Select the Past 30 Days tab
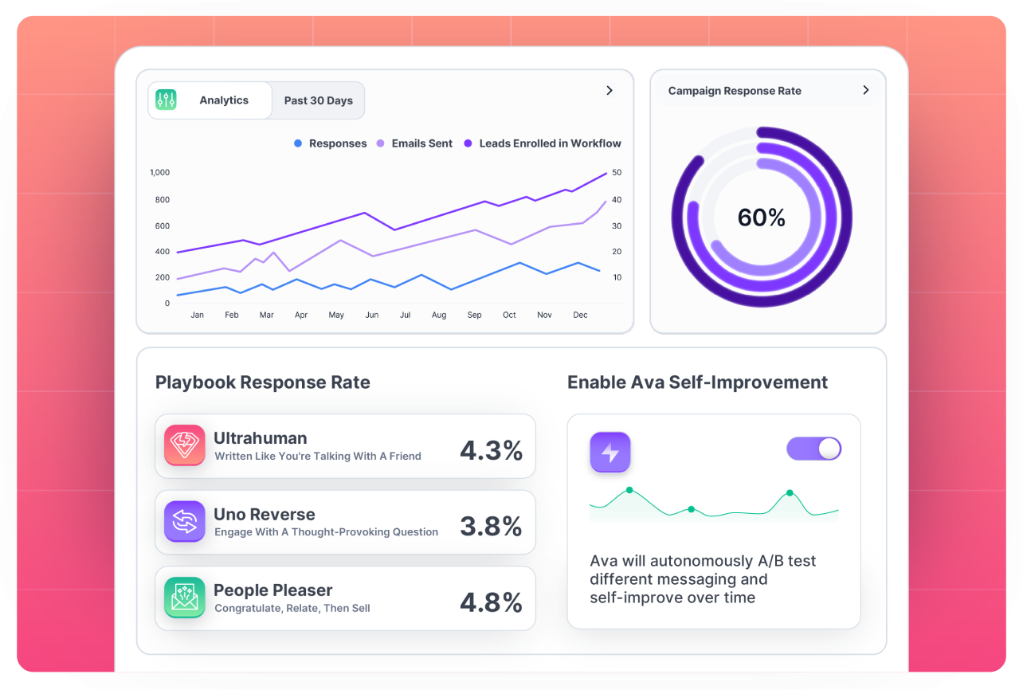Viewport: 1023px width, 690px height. (318, 100)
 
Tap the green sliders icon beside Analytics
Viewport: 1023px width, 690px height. (166, 100)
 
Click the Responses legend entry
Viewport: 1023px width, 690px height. (331, 143)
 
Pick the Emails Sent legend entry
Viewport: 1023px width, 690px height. (414, 143)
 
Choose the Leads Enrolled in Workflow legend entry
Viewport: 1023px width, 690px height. (543, 143)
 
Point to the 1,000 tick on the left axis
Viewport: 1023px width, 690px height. (159, 172)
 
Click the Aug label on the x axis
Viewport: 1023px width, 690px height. (439, 315)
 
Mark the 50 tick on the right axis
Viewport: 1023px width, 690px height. (616, 172)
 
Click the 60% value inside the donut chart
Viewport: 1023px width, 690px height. (762, 218)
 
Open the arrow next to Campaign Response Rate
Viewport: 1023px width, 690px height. (866, 90)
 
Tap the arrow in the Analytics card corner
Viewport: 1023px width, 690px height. (609, 90)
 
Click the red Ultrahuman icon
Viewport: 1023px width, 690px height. (185, 445)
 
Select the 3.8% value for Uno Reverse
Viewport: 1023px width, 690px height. (491, 526)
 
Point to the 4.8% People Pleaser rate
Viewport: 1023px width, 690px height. (491, 602)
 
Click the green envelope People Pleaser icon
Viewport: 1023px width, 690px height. (185, 598)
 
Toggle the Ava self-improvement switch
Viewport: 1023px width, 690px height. (813, 449)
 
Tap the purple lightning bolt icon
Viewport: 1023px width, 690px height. (610, 453)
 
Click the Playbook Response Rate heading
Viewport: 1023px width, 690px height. (263, 382)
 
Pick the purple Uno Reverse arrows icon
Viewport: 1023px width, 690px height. (185, 522)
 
